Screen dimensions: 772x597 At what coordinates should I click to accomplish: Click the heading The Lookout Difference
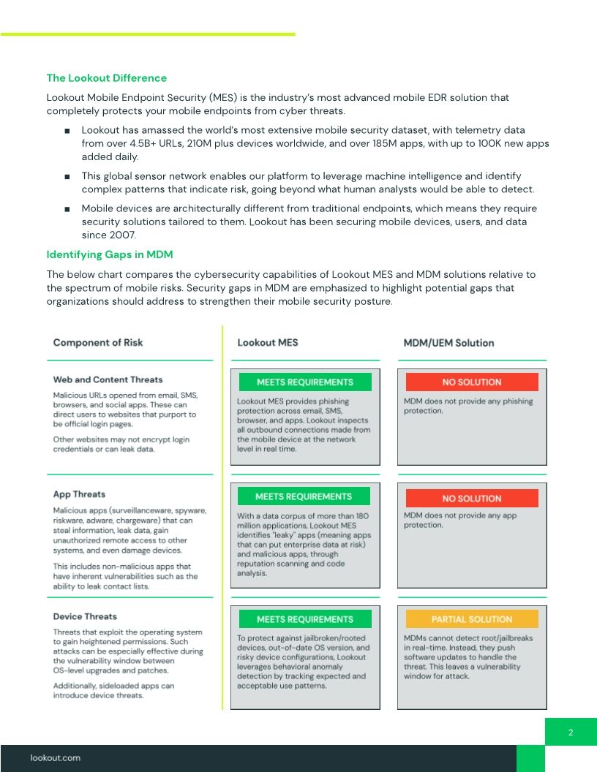106,78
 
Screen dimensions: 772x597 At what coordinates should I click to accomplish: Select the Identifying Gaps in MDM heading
110,254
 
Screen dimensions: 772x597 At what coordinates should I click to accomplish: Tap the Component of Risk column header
98,343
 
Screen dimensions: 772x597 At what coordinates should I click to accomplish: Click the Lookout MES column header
268,343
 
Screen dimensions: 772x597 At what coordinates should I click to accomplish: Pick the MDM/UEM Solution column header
448,343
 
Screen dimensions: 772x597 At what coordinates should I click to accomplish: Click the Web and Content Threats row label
108,380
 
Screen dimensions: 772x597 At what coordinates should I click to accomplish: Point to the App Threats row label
79,494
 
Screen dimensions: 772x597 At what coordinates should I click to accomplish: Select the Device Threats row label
85,616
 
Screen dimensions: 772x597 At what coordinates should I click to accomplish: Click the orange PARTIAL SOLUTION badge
472,619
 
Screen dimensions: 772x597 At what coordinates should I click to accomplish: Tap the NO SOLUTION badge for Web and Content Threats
472,382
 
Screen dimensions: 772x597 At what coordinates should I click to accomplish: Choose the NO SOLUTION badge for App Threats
472,499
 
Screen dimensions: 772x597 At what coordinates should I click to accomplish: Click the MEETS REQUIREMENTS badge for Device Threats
304,619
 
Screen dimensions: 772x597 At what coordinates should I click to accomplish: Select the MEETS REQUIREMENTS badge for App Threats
304,497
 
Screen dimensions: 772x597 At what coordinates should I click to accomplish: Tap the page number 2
571,733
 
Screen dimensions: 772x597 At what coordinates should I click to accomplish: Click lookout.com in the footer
56,758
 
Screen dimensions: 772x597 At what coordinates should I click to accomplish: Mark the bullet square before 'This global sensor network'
67,177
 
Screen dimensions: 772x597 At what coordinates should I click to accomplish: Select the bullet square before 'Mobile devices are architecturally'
67,209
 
